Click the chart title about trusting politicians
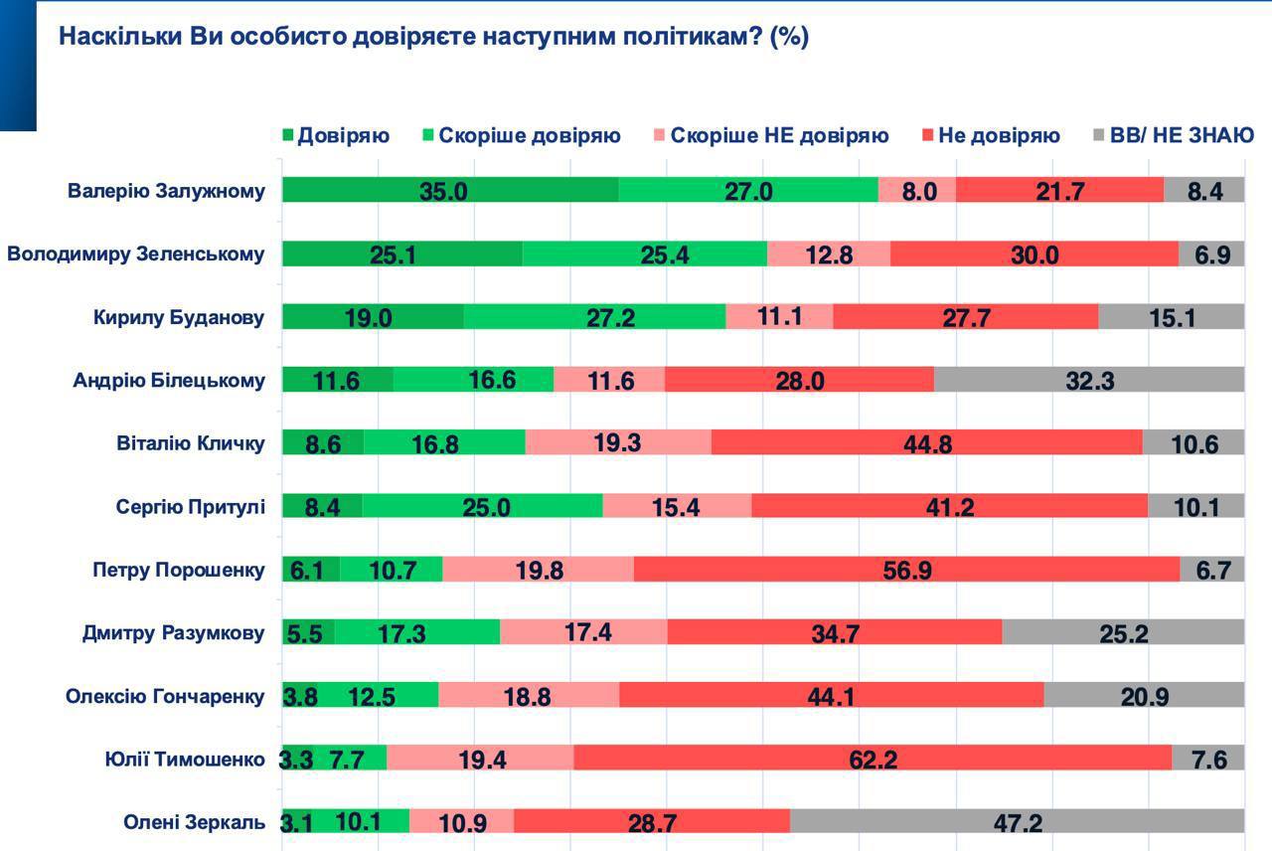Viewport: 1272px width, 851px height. point(433,37)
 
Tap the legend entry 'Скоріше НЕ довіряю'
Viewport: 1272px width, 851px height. point(770,135)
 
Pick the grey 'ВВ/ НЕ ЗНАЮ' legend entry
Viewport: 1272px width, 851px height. point(1173,135)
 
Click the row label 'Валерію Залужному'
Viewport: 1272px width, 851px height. point(166,191)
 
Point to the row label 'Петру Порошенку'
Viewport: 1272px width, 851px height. point(179,570)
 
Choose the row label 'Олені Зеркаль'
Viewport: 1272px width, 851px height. point(194,822)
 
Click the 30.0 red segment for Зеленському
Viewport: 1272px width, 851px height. point(1034,254)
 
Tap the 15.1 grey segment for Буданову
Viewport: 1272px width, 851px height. point(1172,317)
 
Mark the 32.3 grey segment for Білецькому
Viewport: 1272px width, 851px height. point(1089,380)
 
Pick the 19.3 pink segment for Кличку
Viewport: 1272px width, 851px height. point(618,442)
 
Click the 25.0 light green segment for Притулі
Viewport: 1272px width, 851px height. point(483,506)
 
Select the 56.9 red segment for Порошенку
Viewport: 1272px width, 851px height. point(906,569)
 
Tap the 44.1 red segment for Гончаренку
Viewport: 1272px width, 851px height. point(832,695)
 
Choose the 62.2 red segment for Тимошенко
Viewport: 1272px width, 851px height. point(874,759)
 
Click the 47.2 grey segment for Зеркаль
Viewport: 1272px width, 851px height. point(1018,821)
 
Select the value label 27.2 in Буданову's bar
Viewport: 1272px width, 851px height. point(594,317)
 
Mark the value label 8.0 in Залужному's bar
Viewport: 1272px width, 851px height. point(917,190)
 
